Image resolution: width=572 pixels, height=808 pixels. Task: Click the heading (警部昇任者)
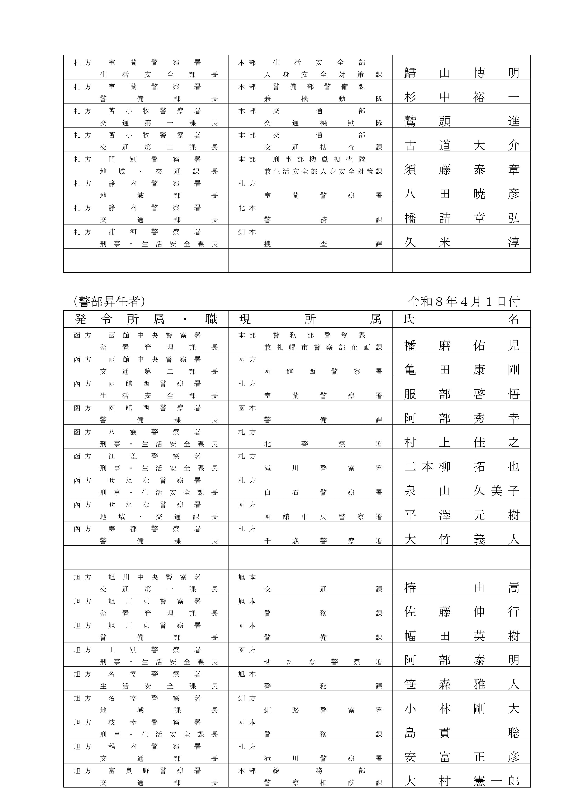[x=109, y=301]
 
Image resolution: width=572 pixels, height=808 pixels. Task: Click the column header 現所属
[x=310, y=319]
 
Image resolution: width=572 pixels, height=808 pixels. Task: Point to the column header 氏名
[x=461, y=319]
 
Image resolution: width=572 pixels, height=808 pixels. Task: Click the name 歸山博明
[x=461, y=73]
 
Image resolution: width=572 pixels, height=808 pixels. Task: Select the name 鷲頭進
[x=461, y=121]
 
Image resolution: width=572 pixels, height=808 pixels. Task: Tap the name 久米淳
[x=461, y=242]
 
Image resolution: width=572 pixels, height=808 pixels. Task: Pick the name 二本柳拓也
[x=461, y=467]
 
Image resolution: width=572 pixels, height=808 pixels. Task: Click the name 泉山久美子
[x=461, y=490]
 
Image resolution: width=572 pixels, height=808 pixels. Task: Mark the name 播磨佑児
[x=461, y=345]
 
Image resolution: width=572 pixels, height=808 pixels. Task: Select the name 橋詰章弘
[x=461, y=218]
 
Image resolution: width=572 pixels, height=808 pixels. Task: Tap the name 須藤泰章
[x=461, y=170]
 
